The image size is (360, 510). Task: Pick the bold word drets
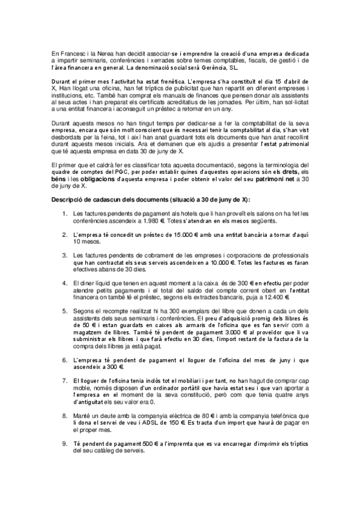(x=285, y=171)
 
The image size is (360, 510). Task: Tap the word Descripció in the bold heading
(x=70, y=199)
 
